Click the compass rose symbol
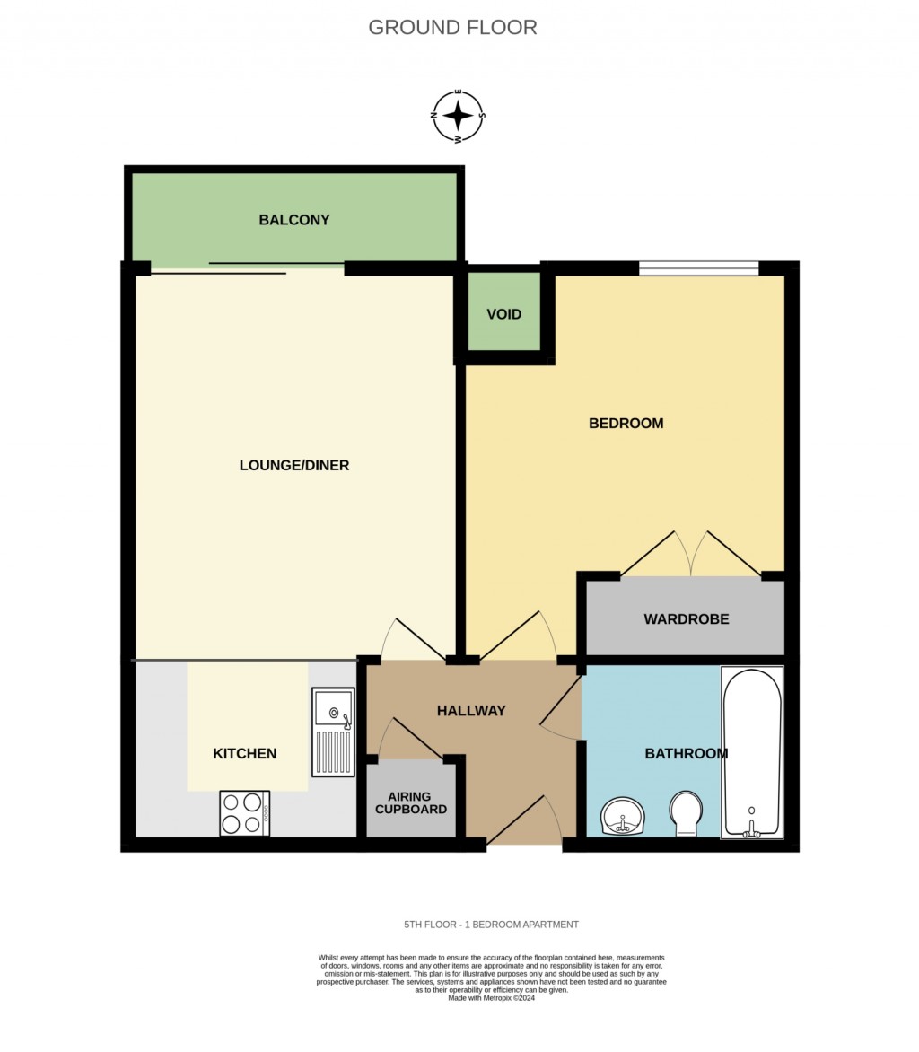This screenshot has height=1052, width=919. coord(459,117)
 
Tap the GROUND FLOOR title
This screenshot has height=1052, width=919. coord(452,28)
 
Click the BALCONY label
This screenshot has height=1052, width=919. coord(294,220)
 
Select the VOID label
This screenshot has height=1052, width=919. coord(503,315)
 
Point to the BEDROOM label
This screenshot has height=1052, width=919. coord(626,424)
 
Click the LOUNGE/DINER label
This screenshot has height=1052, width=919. coord(294,466)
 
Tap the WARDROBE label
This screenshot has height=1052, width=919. coord(686,619)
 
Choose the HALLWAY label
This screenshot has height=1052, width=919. coord(471,711)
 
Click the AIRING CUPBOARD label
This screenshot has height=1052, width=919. coord(410,803)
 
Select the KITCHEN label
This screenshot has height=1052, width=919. coord(244,754)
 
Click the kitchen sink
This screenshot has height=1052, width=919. coord(334,732)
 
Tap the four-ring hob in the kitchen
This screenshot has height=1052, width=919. coord(244,813)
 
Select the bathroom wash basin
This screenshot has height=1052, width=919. coord(623,817)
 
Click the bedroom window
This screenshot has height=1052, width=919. coord(698,267)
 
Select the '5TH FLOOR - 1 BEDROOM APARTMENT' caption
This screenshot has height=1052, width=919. coord(491,925)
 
